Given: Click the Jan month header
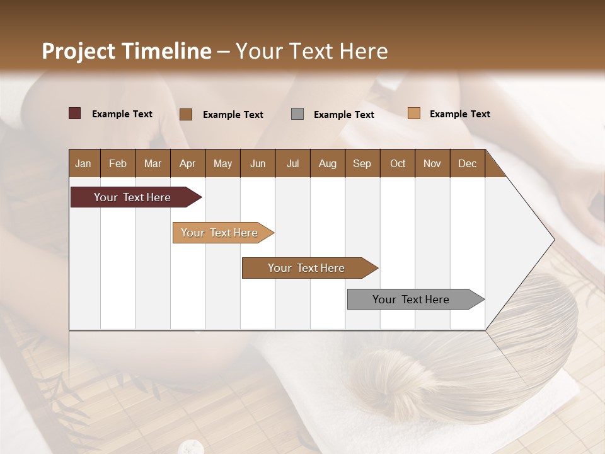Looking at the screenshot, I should [84, 163].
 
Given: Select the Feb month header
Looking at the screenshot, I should [118, 163].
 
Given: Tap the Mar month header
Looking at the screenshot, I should [153, 163].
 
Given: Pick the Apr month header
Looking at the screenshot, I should [188, 163].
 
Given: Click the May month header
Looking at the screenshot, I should [222, 163].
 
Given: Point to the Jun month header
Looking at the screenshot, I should [258, 163].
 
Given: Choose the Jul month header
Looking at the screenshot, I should [292, 163].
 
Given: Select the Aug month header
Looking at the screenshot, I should [328, 163].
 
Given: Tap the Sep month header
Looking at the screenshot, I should [362, 163].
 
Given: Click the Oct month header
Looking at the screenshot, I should [398, 163].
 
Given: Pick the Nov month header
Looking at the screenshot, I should [432, 163].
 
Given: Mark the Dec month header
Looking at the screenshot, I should [468, 163].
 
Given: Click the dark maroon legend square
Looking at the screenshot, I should [75, 113].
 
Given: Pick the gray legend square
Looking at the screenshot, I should [297, 113].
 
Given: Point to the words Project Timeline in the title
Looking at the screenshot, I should [127, 51].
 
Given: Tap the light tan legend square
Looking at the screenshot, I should [414, 113].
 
